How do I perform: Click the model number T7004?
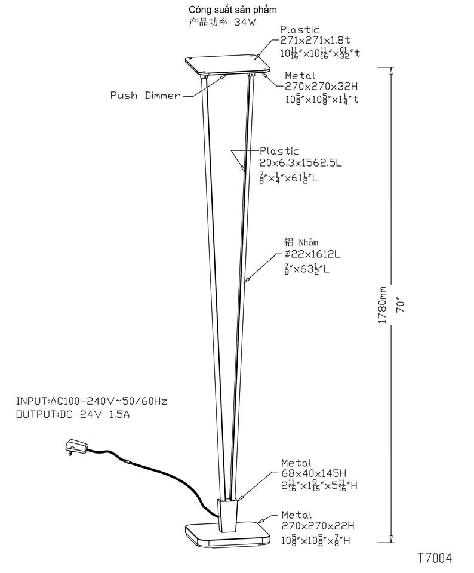435,558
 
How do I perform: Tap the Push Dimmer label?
146,95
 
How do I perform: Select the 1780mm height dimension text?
382,305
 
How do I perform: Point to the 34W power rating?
245,22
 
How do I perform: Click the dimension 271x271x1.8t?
315,40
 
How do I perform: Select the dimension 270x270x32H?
321,86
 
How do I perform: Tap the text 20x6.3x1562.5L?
300,162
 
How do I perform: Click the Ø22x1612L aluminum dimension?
312,254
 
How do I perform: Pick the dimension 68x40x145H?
314,473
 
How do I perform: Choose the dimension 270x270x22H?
318,526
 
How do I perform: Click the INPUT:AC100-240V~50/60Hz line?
91,401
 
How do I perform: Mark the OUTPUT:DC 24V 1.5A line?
73,415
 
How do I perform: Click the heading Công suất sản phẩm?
232,9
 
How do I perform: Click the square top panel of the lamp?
228,66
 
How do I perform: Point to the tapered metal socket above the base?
229,515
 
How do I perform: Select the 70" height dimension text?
401,306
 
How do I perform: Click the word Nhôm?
309,242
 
